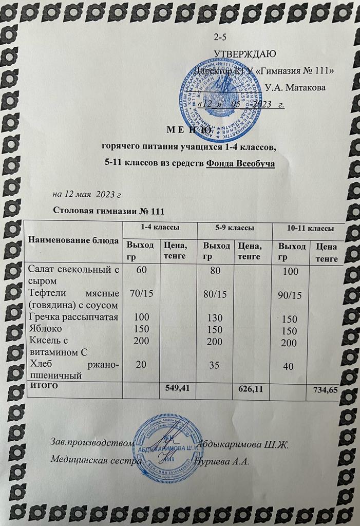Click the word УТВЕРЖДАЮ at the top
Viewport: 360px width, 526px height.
point(245,53)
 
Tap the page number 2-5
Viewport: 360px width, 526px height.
point(220,37)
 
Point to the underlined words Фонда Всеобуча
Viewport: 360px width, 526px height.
point(240,164)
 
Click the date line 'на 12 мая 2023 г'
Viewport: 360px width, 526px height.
point(87,194)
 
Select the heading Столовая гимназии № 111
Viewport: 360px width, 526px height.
point(108,211)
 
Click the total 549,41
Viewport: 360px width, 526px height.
point(178,388)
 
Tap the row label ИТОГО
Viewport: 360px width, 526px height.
point(44,384)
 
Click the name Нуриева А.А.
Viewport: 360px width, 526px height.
point(224,461)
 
